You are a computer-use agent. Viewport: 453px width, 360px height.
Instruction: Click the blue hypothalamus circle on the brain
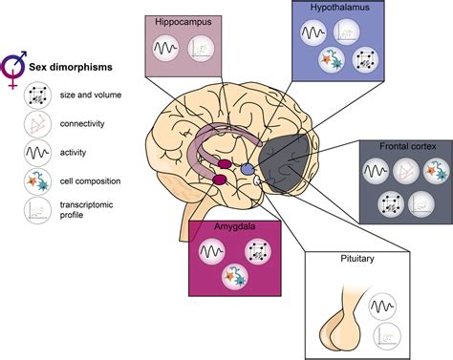point(248,167)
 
